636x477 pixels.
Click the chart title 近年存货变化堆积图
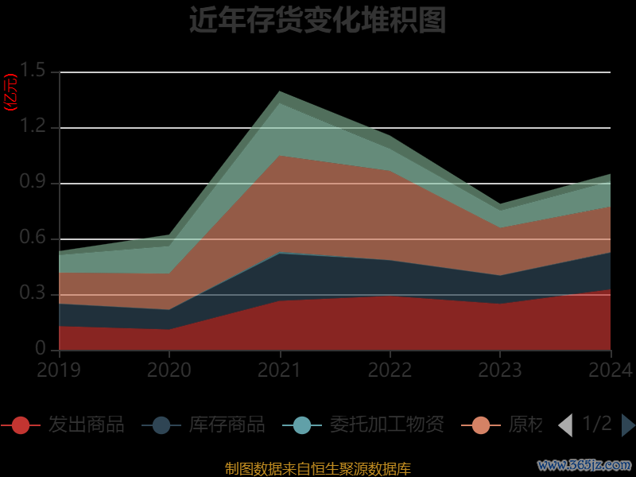coord(317,20)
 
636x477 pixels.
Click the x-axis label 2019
coord(59,370)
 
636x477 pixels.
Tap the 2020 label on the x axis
coord(169,370)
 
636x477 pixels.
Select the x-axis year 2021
coord(280,370)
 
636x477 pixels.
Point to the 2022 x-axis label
coord(390,370)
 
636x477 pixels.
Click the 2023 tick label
coord(501,370)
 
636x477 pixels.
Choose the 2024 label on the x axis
coord(610,370)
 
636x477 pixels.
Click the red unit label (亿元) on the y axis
coord(11,93)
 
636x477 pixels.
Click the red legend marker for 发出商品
coord(21,425)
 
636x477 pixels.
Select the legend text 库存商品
coord(227,425)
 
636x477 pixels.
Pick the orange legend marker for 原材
coord(481,425)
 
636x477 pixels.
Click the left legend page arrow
coord(565,425)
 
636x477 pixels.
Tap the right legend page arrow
coord(628,425)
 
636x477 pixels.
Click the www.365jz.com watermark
coord(584,464)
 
